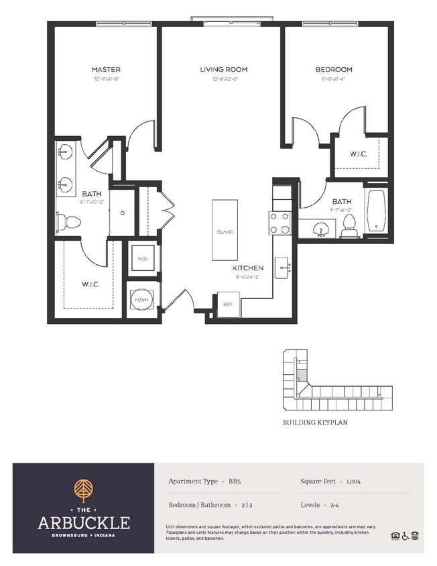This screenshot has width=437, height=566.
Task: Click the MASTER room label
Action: point(106,70)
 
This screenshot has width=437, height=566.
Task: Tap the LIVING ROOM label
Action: point(223,70)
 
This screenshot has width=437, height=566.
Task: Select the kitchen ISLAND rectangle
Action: point(225,230)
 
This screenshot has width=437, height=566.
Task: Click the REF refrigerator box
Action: point(228,304)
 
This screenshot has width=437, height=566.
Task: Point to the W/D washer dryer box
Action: point(143,258)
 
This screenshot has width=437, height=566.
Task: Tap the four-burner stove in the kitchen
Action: point(279,222)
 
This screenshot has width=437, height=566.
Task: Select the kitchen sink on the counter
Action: point(281,267)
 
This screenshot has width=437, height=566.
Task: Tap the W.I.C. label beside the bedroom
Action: point(359,154)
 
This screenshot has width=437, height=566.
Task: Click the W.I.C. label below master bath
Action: point(90,284)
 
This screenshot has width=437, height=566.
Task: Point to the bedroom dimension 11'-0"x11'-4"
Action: point(333,79)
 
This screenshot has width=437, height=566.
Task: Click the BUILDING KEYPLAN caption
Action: point(314,424)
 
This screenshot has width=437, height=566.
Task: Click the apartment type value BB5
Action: point(235,482)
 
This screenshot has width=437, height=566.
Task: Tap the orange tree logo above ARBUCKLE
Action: point(84,490)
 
